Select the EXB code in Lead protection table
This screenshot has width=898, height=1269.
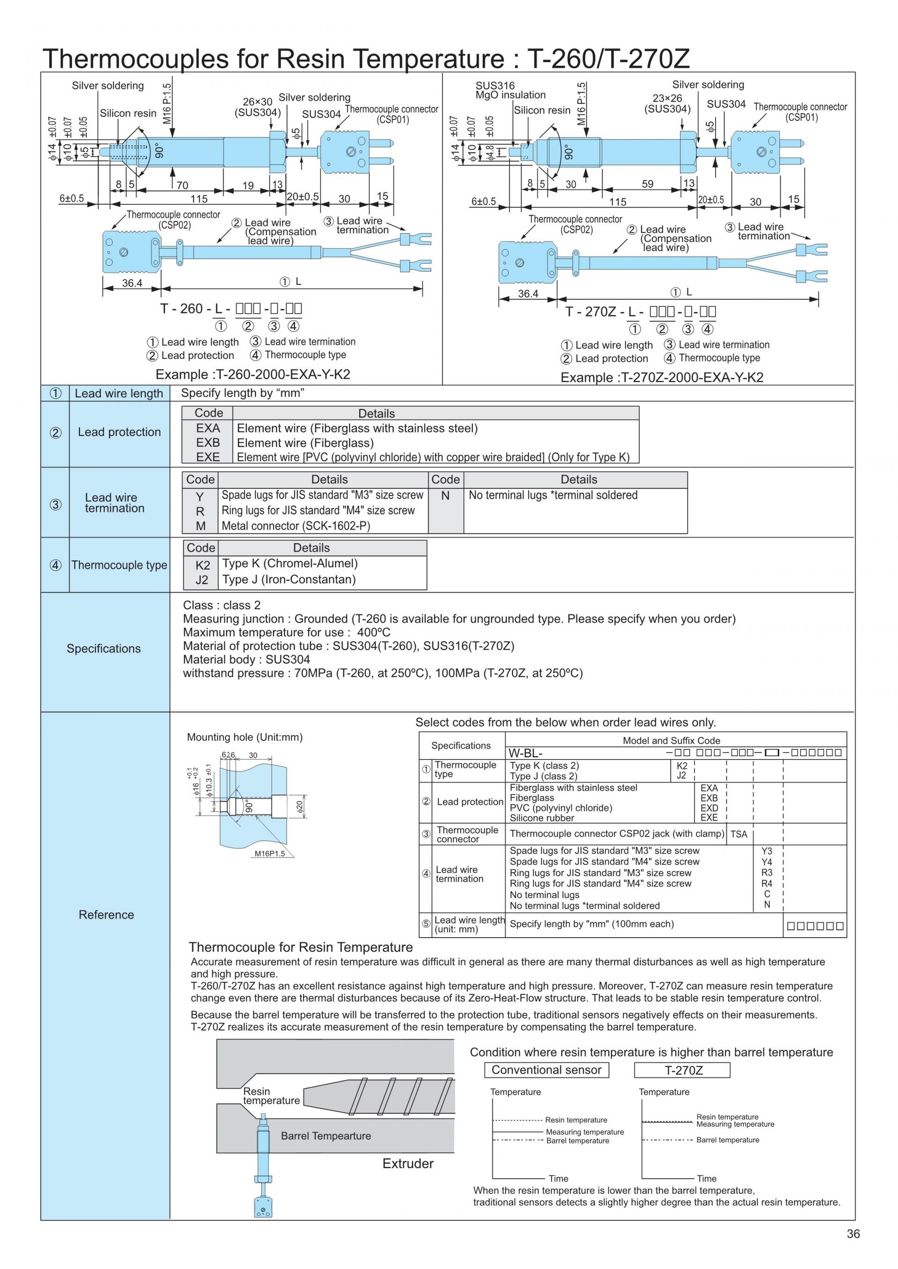click(x=208, y=443)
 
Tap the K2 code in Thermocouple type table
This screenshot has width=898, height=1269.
click(x=203, y=565)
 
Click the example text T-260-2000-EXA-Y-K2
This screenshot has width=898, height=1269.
click(x=253, y=374)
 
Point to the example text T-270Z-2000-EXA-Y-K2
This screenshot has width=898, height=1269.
click(x=662, y=378)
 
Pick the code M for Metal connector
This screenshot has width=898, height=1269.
click(x=200, y=526)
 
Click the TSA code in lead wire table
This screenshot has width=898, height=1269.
click(x=739, y=834)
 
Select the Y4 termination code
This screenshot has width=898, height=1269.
click(x=767, y=862)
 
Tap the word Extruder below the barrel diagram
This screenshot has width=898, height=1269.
click(x=408, y=1163)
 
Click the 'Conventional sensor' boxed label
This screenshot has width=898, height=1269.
click(x=546, y=1070)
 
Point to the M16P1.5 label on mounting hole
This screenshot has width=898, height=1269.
click(x=269, y=853)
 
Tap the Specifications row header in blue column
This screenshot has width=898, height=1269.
click(x=104, y=648)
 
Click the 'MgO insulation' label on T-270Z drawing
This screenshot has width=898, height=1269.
click(x=510, y=95)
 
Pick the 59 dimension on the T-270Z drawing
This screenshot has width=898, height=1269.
click(x=647, y=184)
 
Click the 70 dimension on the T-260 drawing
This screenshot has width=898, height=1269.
click(x=182, y=186)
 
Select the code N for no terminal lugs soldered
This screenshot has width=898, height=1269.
click(x=446, y=496)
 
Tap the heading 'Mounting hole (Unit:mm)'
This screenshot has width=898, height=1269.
click(x=245, y=737)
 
